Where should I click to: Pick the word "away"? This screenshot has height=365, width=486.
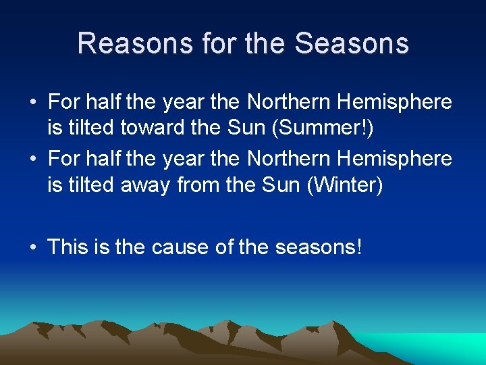pos(145,185)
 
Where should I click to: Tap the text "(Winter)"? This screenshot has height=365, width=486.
pos(344,185)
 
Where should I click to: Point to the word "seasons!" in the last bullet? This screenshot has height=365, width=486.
pos(319,247)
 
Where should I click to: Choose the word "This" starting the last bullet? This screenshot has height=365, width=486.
pos(64,247)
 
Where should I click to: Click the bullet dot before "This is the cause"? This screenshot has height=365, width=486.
pos(33,247)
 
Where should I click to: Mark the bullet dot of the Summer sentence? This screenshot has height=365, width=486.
pos(33,103)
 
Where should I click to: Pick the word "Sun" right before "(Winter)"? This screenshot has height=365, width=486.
pos(281,185)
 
